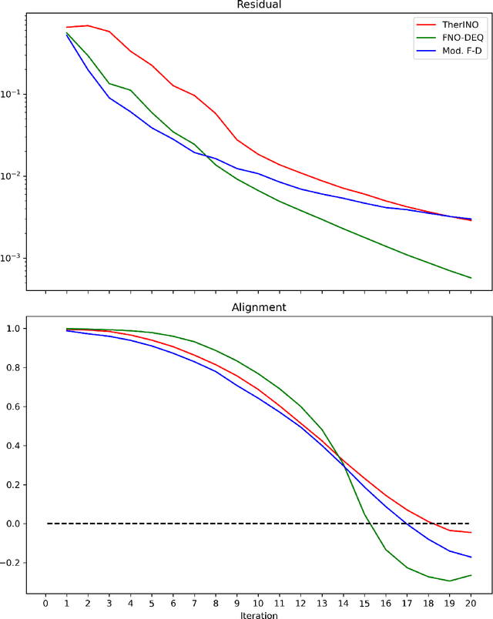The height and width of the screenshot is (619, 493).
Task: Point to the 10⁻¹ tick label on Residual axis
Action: (x=12, y=94)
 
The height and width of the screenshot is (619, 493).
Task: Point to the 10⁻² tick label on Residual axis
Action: (x=12, y=176)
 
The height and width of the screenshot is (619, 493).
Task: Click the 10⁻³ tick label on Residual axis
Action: (x=12, y=258)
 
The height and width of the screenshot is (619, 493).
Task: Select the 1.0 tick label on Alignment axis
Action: (x=12, y=329)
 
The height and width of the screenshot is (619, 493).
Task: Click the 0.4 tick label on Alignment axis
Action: (x=12, y=446)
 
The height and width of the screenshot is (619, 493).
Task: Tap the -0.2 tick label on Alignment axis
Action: (x=10, y=563)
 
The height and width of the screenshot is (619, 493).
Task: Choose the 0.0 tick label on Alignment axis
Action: (x=12, y=524)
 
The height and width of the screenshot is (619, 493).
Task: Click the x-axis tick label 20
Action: (x=471, y=602)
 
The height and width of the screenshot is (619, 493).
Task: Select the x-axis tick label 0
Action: (x=45, y=602)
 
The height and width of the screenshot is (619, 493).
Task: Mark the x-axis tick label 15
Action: (x=364, y=602)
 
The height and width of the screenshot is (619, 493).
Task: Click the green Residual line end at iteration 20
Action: (x=471, y=278)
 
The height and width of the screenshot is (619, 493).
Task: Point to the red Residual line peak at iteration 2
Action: (x=88, y=25)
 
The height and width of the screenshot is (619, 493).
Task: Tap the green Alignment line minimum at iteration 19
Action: (x=449, y=581)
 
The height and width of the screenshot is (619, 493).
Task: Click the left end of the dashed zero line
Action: (x=47, y=524)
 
